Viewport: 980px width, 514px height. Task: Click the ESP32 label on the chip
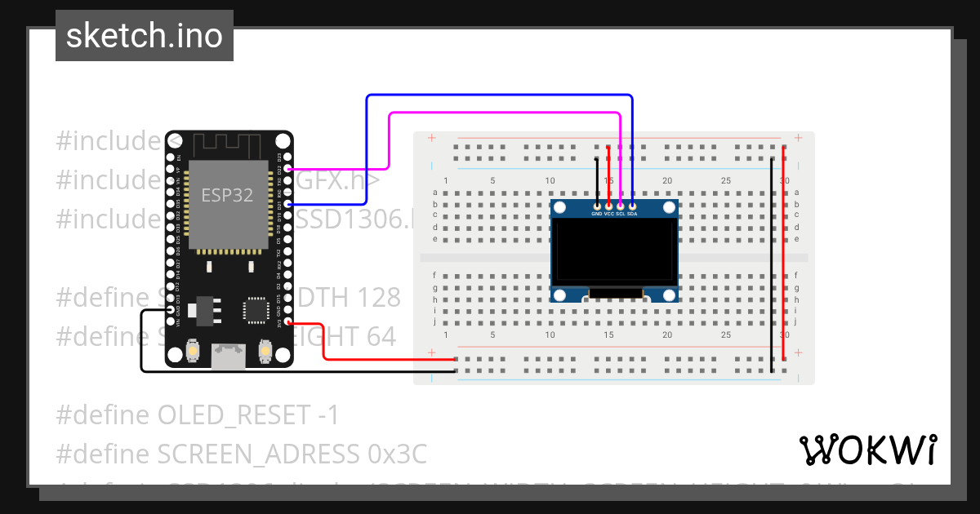[x=227, y=195]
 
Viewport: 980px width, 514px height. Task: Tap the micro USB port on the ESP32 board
[x=229, y=356]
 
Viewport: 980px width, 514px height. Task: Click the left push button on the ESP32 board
[x=194, y=352]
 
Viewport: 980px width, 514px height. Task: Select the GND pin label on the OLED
[x=597, y=214]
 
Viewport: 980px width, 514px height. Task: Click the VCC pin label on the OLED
[x=609, y=214]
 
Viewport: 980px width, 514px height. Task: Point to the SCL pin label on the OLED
[x=621, y=214]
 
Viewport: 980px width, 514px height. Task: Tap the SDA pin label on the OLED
[x=632, y=214]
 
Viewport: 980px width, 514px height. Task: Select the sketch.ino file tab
[x=145, y=36]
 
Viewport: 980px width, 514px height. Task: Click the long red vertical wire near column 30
[x=784, y=253]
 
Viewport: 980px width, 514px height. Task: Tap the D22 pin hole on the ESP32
[x=289, y=169]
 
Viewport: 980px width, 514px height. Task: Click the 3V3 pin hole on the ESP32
[x=289, y=322]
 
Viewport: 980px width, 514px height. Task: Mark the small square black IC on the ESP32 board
[x=256, y=310]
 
